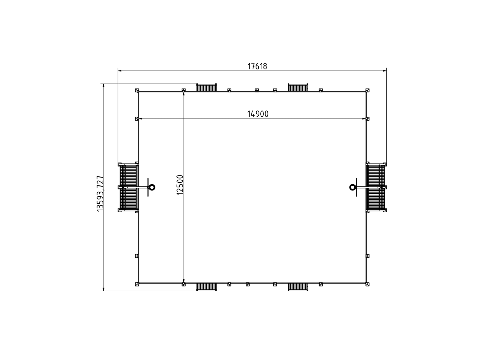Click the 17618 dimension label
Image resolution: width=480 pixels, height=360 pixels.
pos(257,66)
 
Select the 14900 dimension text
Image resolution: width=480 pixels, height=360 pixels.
pos(258,114)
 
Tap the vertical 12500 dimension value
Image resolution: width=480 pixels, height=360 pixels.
pos(180,185)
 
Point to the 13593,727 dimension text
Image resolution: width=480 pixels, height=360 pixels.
pos(100,193)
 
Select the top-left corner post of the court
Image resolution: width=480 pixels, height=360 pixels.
pos(137,90)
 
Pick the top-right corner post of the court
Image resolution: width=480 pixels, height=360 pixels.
pos(367,90)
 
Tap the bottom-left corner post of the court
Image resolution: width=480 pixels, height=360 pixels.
pos(137,284)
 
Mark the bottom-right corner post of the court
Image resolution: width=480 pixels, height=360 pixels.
pos(367,284)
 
